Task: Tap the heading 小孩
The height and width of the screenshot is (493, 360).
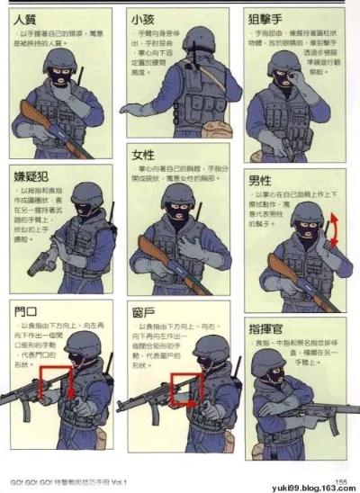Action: click(x=141, y=18)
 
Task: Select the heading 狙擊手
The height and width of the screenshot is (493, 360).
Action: click(x=267, y=17)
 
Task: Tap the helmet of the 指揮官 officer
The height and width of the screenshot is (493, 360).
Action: click(x=266, y=361)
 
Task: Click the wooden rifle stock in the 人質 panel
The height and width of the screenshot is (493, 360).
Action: click(x=36, y=116)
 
